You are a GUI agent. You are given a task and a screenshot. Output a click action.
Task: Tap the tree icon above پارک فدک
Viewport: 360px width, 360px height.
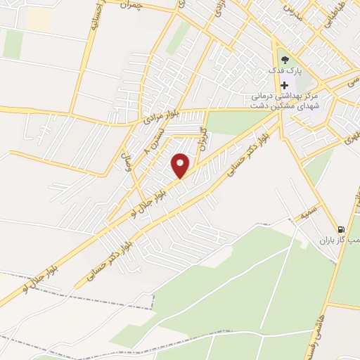(284, 60)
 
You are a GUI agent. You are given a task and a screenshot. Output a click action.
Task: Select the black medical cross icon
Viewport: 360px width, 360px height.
(284, 85)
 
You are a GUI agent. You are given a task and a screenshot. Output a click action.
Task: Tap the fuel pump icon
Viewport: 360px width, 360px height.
(342, 229)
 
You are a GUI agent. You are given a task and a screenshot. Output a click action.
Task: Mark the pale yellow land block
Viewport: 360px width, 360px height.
(38, 19)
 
